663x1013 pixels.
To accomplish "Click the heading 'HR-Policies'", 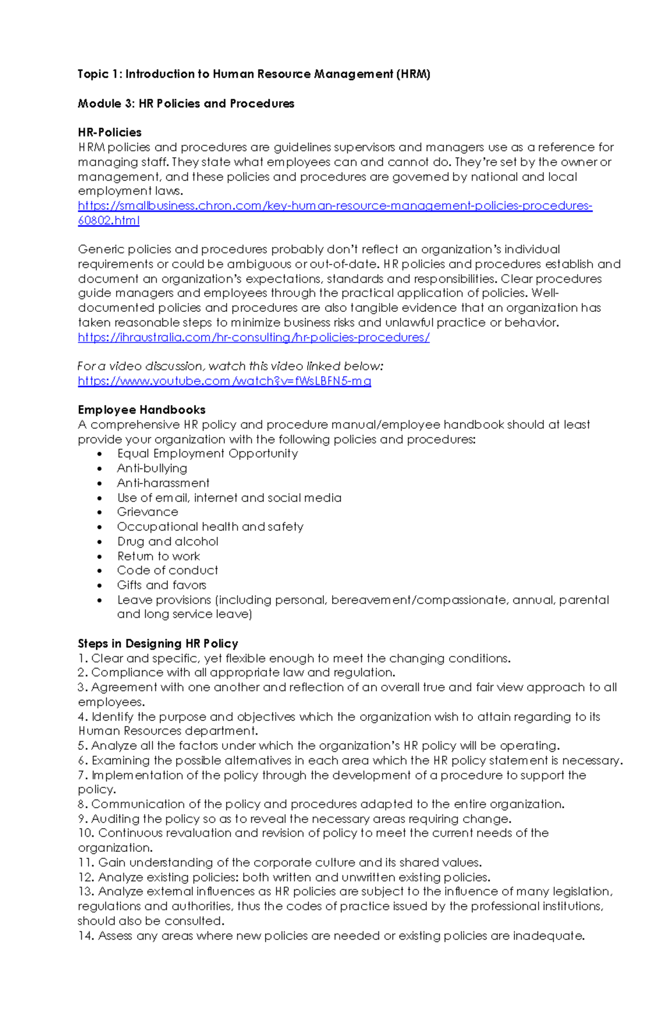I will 109,132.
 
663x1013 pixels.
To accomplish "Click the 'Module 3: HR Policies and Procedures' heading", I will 186,104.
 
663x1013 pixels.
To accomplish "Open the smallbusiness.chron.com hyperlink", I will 334,206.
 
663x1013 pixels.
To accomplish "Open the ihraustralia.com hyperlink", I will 254,337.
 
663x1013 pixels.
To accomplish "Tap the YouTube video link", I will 224,381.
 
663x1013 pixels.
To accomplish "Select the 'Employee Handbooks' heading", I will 141,410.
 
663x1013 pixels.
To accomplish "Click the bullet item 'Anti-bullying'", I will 152,468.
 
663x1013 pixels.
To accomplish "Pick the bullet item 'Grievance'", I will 148,512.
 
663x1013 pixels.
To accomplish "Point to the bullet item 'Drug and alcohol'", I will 167,542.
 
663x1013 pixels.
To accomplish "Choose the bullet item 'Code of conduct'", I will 167,570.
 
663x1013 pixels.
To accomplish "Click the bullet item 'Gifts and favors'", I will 161,585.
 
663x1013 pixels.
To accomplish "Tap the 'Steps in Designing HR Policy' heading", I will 158,644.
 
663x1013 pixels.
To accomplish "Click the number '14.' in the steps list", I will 86,936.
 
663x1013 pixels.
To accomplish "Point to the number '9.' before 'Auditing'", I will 83,819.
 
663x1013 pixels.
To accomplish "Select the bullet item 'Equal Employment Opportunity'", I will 207,454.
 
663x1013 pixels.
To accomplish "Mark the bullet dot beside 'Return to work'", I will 99,556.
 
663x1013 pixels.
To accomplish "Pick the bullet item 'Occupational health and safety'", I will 210,527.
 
